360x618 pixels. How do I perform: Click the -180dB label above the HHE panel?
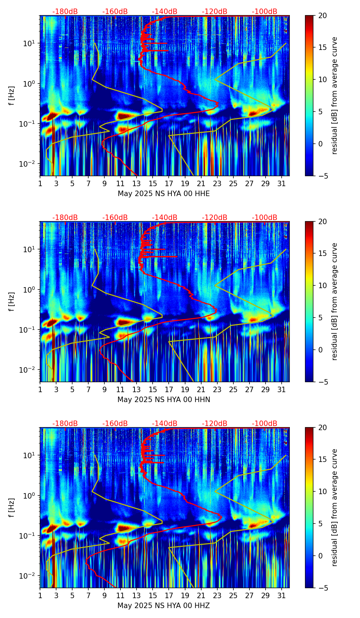65,12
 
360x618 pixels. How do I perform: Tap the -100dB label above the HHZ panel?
265,424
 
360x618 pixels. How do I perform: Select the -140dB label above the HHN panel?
165,218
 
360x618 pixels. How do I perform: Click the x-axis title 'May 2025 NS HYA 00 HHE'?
164,194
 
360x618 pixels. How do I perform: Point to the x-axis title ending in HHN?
164,400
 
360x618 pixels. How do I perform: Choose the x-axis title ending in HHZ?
164,606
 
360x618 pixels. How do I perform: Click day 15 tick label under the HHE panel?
153,184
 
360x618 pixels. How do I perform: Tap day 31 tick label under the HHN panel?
281,390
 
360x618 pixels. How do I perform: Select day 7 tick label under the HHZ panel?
88,596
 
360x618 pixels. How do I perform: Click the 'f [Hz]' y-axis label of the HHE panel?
12,96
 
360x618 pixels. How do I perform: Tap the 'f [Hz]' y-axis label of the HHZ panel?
12,508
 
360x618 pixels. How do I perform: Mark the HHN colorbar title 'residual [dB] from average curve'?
335,301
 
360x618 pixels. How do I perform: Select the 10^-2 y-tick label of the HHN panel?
29,370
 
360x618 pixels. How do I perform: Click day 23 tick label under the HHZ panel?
217,596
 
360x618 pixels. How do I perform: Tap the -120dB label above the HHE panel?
215,12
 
